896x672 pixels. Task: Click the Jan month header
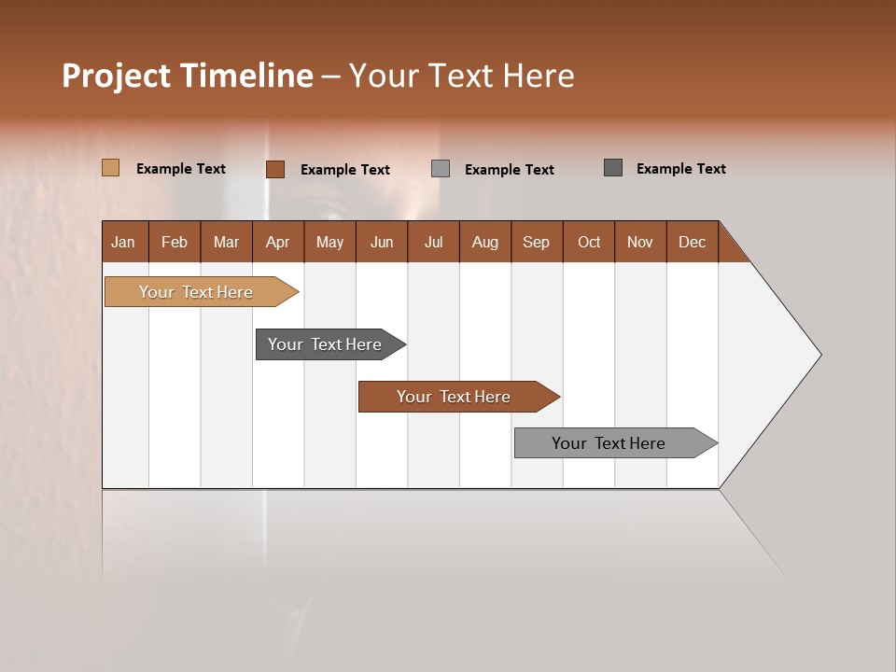(x=124, y=242)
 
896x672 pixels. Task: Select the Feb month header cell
(x=175, y=242)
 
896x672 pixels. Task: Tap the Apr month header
(x=278, y=242)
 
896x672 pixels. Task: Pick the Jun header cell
(x=382, y=242)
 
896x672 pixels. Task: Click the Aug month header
(x=485, y=242)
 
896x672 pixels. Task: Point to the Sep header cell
(x=537, y=242)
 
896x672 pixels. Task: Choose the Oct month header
(x=589, y=242)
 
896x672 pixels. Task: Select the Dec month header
(x=693, y=242)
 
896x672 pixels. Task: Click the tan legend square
(x=111, y=168)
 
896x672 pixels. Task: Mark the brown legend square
(x=275, y=169)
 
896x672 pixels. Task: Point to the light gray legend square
(x=441, y=169)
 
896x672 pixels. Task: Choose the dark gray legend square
(x=613, y=168)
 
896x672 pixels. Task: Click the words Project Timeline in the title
(x=187, y=76)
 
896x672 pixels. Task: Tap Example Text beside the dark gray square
(x=680, y=169)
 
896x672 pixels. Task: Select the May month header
(x=329, y=242)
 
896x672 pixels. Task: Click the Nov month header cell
(x=640, y=242)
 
